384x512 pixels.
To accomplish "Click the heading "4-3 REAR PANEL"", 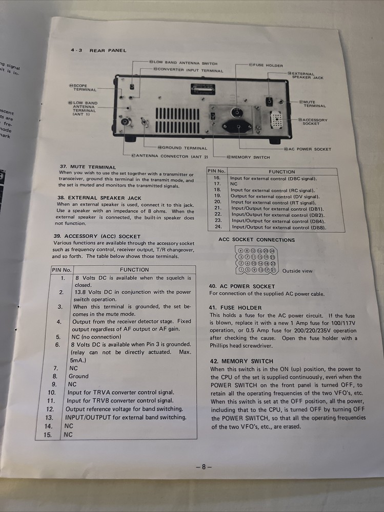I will (x=98, y=50).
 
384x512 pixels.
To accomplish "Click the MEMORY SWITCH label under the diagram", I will (x=250, y=157).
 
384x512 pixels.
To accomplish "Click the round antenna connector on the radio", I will (x=125, y=123).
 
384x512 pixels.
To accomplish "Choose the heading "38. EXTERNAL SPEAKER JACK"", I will (x=99, y=198).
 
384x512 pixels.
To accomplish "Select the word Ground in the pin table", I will (x=78, y=376).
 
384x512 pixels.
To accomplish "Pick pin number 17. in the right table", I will (x=217, y=183).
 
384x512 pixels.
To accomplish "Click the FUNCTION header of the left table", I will (x=134, y=269).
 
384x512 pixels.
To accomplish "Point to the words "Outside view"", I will (x=297, y=271).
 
